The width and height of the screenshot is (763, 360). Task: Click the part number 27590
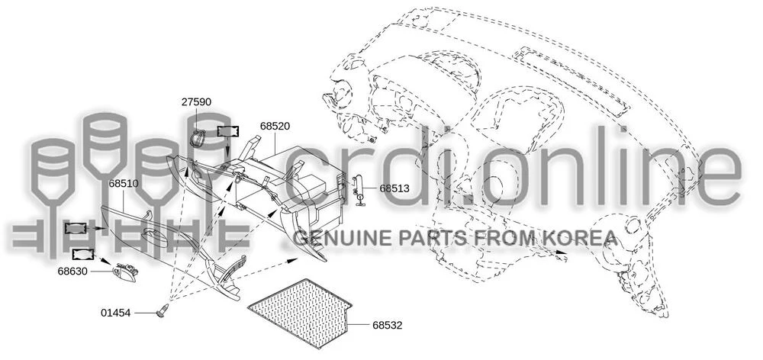pyautogui.click(x=197, y=102)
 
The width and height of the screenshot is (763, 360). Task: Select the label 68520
pyautogui.click(x=275, y=126)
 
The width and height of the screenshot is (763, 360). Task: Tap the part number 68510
pyautogui.click(x=124, y=184)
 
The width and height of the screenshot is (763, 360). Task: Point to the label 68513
pyautogui.click(x=394, y=188)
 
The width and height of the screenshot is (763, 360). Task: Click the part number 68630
pyautogui.click(x=72, y=272)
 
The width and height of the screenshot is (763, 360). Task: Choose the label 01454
pyautogui.click(x=116, y=313)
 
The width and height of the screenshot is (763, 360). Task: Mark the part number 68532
pyautogui.click(x=388, y=326)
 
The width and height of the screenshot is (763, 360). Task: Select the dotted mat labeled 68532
pyautogui.click(x=301, y=313)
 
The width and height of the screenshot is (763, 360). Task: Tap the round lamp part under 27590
pyautogui.click(x=197, y=138)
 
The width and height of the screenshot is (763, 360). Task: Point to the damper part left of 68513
pyautogui.click(x=358, y=190)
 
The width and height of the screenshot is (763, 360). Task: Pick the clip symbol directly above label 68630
pyautogui.click(x=83, y=253)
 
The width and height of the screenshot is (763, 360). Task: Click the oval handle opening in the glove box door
pyautogui.click(x=156, y=236)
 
